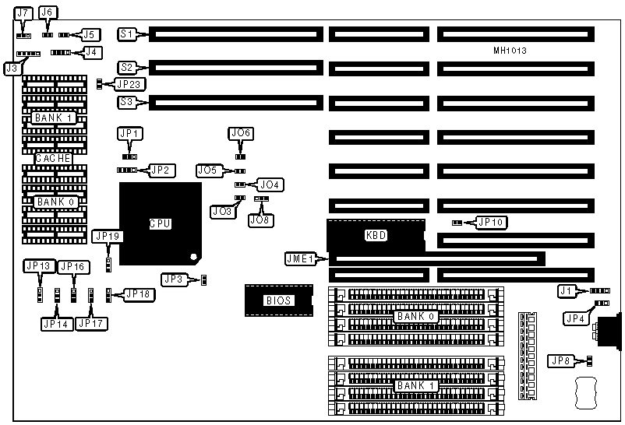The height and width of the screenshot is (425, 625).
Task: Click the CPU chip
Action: tap(160, 223)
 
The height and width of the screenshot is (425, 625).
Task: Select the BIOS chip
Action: tap(278, 300)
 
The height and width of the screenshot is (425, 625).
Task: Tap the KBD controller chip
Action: tap(376, 235)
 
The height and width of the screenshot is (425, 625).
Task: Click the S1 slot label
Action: tap(127, 34)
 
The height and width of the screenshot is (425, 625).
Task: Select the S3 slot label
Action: tap(127, 102)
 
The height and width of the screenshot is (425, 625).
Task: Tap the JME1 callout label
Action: tap(300, 259)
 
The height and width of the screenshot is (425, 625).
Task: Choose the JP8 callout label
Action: tap(560, 360)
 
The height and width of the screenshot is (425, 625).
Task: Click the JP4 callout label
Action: tap(575, 318)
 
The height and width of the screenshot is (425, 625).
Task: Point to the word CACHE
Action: tap(53, 159)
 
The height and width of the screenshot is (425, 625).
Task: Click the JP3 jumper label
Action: tap(174, 279)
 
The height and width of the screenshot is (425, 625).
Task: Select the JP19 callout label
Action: tap(106, 236)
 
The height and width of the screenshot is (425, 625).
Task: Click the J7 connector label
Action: tap(23, 14)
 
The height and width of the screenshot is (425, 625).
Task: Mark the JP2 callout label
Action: tap(162, 170)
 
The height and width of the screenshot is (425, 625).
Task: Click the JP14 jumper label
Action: tap(55, 322)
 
